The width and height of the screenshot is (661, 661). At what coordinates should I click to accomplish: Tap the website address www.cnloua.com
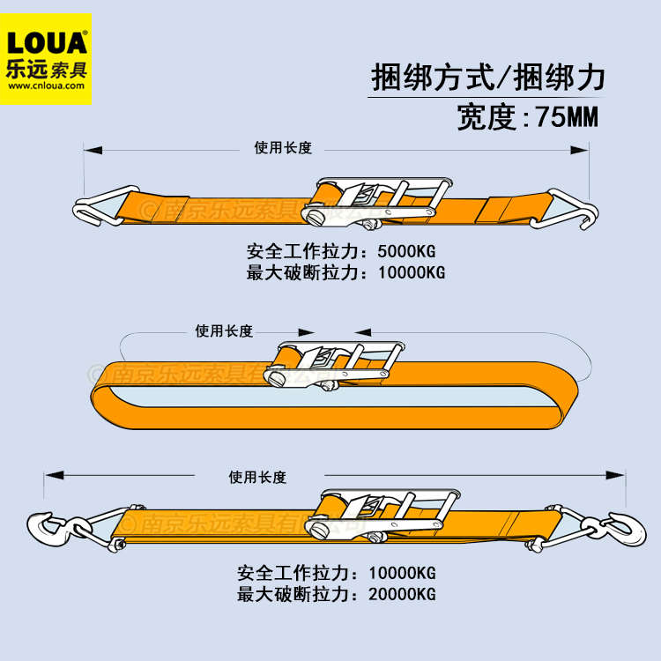(x=48, y=86)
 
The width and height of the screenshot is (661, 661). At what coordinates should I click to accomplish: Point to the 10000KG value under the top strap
(x=411, y=272)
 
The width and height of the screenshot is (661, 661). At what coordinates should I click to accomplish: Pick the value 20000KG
(x=401, y=594)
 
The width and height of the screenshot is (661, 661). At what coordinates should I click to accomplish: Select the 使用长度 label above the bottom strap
(x=257, y=478)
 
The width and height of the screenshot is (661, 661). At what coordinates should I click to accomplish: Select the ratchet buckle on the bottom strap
(x=379, y=512)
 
